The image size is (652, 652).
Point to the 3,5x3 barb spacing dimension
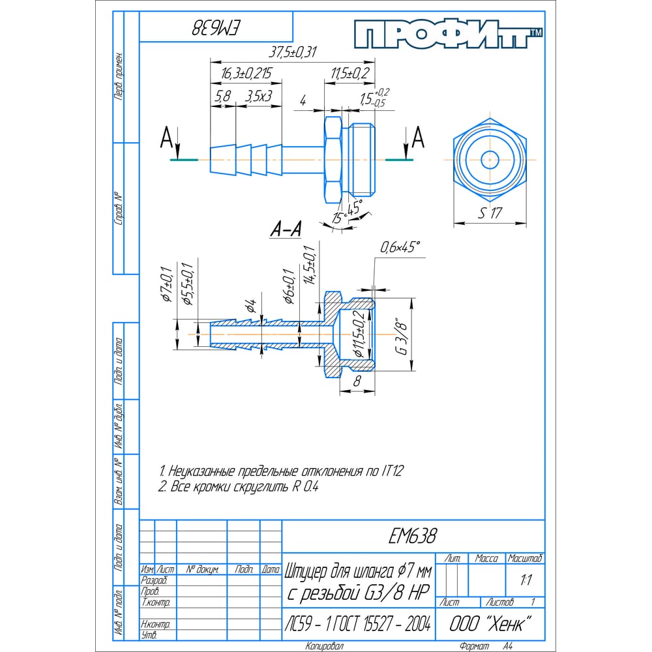258,96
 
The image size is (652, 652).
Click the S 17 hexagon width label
491,213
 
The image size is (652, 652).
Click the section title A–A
286,230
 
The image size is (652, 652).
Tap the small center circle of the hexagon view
488,160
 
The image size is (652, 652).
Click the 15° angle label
338,217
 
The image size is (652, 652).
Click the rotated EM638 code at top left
217,29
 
